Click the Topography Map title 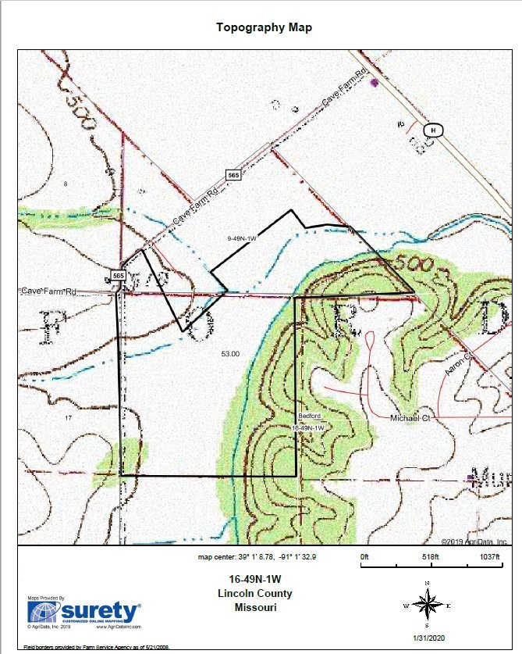point(264,27)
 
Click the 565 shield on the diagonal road point(233,176)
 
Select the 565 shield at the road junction point(118,276)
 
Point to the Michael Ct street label point(410,418)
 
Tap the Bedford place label point(310,416)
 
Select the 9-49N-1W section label point(242,238)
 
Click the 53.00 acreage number point(230,353)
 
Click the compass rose point(427,604)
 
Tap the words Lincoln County point(255,594)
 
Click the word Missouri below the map point(255,607)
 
